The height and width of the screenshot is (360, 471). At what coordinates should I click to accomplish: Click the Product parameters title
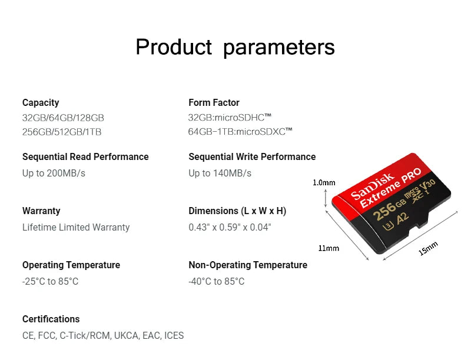click(x=235, y=47)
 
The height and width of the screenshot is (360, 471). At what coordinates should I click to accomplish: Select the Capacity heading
click(x=41, y=103)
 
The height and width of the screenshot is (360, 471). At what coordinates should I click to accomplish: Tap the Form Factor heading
click(x=214, y=103)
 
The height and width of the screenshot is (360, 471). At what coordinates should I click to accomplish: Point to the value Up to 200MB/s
click(x=54, y=173)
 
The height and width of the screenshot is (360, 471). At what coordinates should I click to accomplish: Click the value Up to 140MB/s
click(x=220, y=173)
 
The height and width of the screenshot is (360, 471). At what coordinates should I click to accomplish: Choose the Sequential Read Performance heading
click(x=85, y=157)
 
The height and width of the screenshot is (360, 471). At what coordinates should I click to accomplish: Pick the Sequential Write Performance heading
click(x=252, y=157)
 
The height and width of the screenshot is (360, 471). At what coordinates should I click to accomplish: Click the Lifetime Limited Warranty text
click(x=76, y=227)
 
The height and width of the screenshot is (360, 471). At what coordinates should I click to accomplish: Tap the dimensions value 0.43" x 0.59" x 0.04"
click(x=230, y=227)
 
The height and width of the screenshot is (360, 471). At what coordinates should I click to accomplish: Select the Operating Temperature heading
click(x=71, y=265)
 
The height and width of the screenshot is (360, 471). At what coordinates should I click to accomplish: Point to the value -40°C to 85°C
click(x=216, y=282)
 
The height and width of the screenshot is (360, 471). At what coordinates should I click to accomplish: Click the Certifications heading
click(x=51, y=319)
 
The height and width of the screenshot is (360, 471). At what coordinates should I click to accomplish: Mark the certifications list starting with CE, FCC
click(x=103, y=336)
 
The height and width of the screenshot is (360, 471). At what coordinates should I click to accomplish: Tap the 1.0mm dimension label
click(x=324, y=182)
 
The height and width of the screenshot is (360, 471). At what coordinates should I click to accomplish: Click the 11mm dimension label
click(x=329, y=248)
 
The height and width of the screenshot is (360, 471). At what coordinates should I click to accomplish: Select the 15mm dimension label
click(x=428, y=249)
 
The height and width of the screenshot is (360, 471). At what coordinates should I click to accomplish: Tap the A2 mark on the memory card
click(x=402, y=218)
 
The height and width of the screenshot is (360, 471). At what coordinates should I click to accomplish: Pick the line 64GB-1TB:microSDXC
click(x=240, y=132)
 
